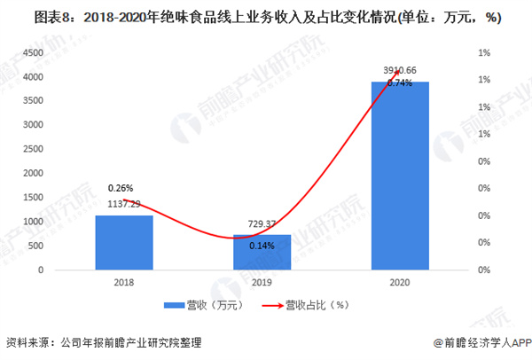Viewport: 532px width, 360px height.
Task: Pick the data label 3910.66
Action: coord(400,69)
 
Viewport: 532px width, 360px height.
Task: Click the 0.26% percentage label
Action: coord(121,188)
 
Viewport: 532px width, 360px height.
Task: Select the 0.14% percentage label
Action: coord(262,246)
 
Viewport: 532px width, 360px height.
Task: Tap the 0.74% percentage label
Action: coord(400,83)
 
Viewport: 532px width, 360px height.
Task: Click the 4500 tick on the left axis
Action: coord(34,53)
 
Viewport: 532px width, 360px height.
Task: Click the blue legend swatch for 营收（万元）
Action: coord(172,306)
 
